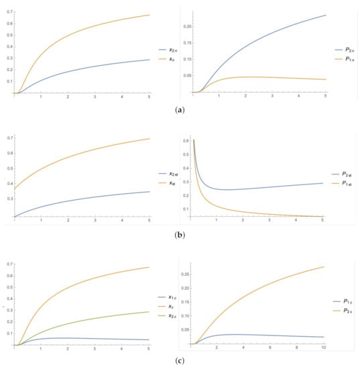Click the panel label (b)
[x=180, y=234]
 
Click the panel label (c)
[x=180, y=362]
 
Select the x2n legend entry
[x=171, y=50]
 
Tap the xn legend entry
[x=171, y=60]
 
